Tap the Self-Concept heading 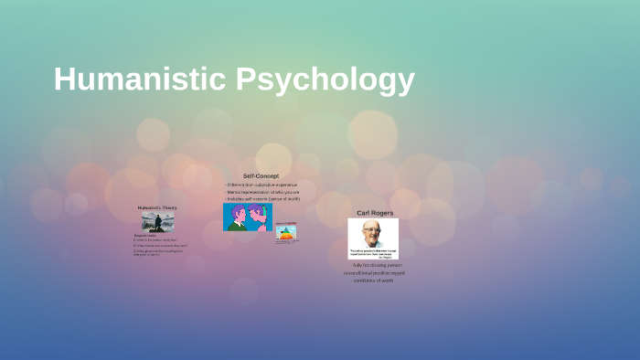pyautogui.click(x=261, y=175)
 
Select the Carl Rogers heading pyautogui.click(x=375, y=213)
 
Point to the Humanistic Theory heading pyautogui.click(x=157, y=207)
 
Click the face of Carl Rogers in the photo pyautogui.click(x=370, y=232)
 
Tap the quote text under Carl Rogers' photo pyautogui.click(x=373, y=252)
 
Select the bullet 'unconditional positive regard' pyautogui.click(x=373, y=272)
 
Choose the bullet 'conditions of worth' pyautogui.click(x=373, y=280)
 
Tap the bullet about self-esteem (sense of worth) pyautogui.click(x=262, y=198)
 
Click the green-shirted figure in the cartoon pyautogui.click(x=238, y=217)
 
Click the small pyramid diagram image pyautogui.click(x=285, y=234)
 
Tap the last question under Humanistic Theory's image pyautogui.click(x=158, y=252)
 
